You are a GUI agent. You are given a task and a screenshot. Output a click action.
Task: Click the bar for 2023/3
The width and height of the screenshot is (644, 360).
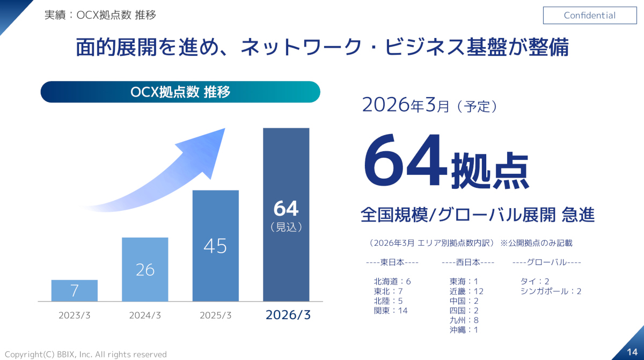pos(75,290)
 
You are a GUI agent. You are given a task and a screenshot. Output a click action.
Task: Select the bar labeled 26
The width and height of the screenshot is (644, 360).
pos(145,269)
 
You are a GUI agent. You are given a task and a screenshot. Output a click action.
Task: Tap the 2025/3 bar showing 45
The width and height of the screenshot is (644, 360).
pos(215,246)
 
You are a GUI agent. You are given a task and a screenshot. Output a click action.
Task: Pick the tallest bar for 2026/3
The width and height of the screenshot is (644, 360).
pos(286,215)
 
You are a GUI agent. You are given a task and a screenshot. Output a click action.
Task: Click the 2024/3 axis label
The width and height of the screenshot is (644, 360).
pos(145,315)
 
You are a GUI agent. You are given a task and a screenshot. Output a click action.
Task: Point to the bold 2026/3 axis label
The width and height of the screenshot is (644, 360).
pos(288,315)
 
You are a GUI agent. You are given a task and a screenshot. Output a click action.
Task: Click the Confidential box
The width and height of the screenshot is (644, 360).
pos(589,16)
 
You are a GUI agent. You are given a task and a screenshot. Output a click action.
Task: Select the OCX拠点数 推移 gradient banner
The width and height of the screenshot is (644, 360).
pos(180,92)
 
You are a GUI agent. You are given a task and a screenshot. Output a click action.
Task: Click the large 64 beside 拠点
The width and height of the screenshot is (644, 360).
pos(405,161)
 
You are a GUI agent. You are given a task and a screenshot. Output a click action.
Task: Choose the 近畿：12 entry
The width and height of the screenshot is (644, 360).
pos(466,291)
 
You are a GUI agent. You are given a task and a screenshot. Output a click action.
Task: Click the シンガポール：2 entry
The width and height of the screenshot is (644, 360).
pos(551,291)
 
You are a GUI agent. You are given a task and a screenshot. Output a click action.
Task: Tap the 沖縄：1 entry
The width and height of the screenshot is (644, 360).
pos(464,330)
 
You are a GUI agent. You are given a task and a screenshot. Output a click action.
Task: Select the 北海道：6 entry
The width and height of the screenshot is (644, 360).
pos(392,282)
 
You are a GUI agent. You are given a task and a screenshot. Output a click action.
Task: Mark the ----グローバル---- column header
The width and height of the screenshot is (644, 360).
pos(547,262)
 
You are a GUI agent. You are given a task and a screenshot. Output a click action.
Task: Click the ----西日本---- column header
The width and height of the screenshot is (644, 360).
pos(468,262)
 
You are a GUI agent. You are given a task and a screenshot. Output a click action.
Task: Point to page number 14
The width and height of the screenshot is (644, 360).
pos(632,351)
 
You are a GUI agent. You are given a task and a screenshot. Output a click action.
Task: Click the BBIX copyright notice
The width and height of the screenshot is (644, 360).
pos(86,355)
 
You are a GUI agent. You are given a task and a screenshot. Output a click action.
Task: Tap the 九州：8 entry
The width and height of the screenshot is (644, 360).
pos(464,320)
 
